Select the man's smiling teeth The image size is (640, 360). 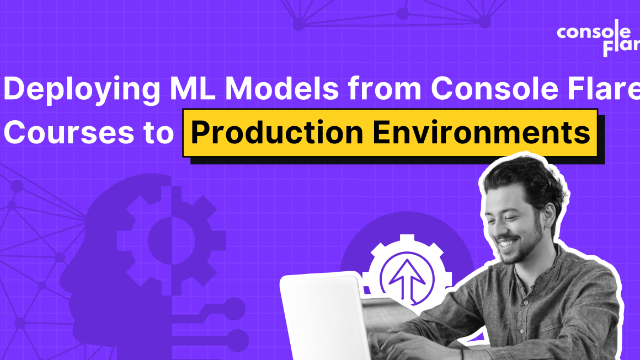(508, 241)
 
